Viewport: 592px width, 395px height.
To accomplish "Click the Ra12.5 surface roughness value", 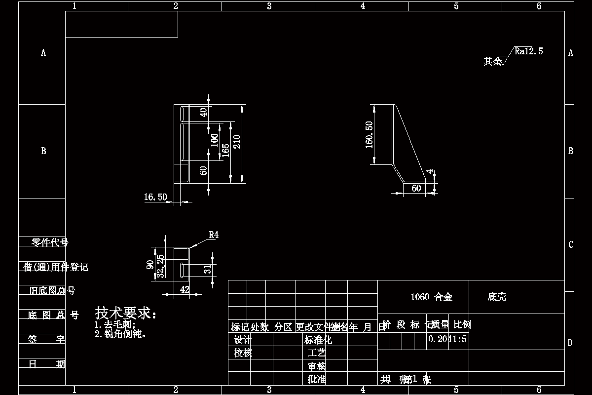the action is pyautogui.click(x=529, y=51).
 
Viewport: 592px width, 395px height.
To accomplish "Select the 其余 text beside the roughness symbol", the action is pyautogui.click(x=492, y=61).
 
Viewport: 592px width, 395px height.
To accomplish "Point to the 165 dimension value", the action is pyautogui.click(x=225, y=150).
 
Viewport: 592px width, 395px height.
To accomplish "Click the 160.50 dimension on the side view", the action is pyautogui.click(x=369, y=134).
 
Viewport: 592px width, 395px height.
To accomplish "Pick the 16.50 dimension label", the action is pyautogui.click(x=155, y=197).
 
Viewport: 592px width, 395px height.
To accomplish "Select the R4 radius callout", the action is pyautogui.click(x=213, y=235).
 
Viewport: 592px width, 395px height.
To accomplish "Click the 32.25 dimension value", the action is pyautogui.click(x=160, y=267).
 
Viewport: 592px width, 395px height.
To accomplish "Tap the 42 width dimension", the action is pyautogui.click(x=185, y=290).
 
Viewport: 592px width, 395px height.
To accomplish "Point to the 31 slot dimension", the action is pyautogui.click(x=208, y=269).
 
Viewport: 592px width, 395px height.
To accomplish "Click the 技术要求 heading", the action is pyautogui.click(x=126, y=313).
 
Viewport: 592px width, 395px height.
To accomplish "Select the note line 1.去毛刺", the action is pyautogui.click(x=114, y=324).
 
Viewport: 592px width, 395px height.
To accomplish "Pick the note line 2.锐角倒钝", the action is pyautogui.click(x=121, y=334).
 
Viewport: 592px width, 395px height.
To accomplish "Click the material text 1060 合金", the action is pyautogui.click(x=432, y=297).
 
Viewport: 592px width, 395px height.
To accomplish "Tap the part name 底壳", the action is pyautogui.click(x=497, y=297).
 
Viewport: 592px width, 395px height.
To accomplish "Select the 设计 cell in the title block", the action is pyautogui.click(x=243, y=340).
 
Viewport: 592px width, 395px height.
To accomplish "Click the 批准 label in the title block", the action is pyautogui.click(x=317, y=379).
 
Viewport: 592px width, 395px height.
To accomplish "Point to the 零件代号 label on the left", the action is pyautogui.click(x=50, y=242).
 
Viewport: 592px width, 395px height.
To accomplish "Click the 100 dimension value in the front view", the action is pyautogui.click(x=214, y=140).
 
